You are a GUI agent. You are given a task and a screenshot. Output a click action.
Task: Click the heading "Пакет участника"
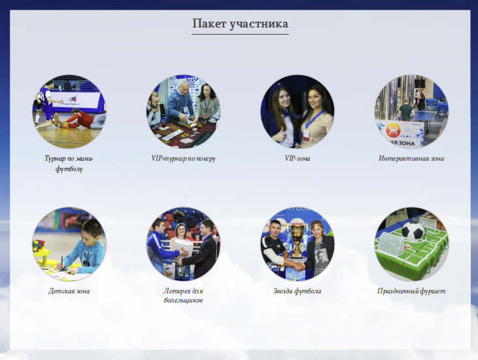[240, 24]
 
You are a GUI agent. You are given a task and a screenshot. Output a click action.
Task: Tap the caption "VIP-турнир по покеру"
[183, 158]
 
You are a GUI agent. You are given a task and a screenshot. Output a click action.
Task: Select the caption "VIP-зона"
[298, 158]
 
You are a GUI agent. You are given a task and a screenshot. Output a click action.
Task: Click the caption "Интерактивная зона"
[411, 158]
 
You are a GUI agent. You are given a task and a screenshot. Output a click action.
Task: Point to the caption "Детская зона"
[69, 291]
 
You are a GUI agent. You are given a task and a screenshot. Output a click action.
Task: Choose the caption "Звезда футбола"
[298, 291]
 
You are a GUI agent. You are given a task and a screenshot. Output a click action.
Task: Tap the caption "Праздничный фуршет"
[411, 291]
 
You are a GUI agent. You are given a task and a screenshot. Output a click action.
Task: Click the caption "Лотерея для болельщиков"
[183, 295]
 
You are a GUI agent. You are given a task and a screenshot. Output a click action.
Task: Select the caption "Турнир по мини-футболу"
[69, 163]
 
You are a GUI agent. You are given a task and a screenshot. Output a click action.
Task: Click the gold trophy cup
[297, 239]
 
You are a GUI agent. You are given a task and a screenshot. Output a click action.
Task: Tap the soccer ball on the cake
[413, 231]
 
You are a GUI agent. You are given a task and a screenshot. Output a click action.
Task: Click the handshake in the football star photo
[298, 267]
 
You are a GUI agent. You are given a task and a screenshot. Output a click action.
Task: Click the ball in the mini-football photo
[64, 125]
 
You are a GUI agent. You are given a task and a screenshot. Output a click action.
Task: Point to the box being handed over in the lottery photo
[182, 248]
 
